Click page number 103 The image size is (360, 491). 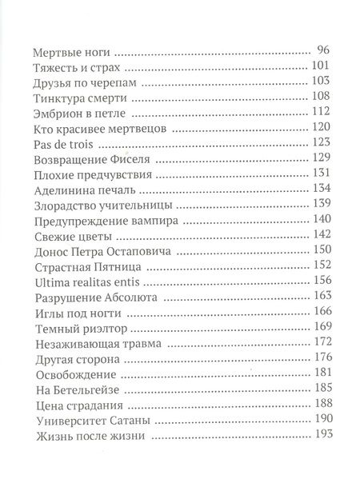(320, 83)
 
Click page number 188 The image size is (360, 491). (320, 405)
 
